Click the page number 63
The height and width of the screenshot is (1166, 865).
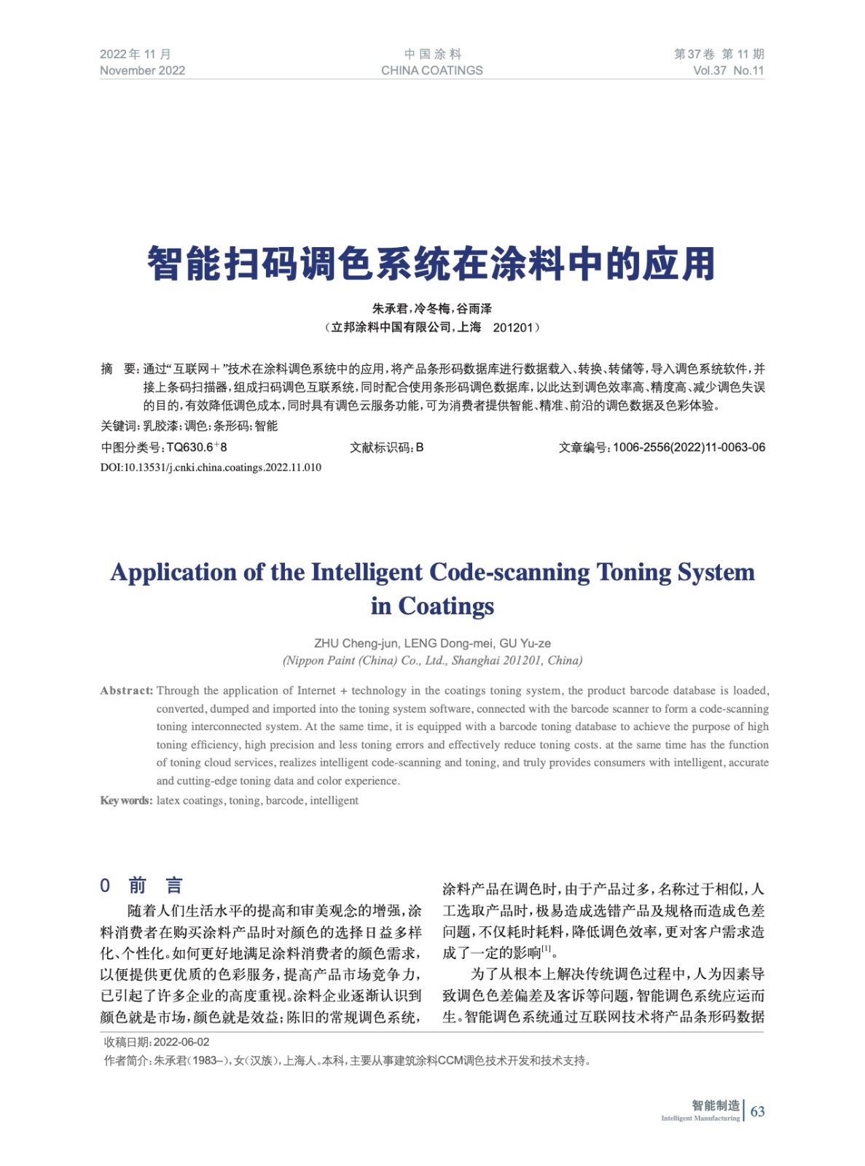(x=757, y=1111)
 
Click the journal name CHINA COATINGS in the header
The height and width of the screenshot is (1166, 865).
(x=431, y=71)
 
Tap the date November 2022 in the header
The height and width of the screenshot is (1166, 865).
(x=142, y=71)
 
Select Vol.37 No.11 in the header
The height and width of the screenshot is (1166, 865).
(x=728, y=71)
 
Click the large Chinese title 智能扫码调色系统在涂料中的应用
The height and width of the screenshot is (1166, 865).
(x=431, y=264)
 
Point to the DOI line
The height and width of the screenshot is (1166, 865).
(x=211, y=467)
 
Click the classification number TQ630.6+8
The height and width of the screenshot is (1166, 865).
(x=196, y=447)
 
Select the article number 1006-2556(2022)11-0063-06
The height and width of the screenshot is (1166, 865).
(x=689, y=447)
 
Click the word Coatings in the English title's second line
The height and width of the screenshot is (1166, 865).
(x=446, y=606)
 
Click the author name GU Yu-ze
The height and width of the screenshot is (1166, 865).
(x=525, y=643)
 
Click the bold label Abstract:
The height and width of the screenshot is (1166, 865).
(x=126, y=690)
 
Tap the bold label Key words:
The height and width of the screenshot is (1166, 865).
(x=126, y=800)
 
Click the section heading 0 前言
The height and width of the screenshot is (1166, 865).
(x=141, y=885)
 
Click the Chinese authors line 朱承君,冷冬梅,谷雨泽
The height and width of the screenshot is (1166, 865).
(x=431, y=309)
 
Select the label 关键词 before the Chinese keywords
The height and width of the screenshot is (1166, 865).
(x=118, y=426)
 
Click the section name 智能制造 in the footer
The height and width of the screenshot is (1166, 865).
(x=715, y=1105)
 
